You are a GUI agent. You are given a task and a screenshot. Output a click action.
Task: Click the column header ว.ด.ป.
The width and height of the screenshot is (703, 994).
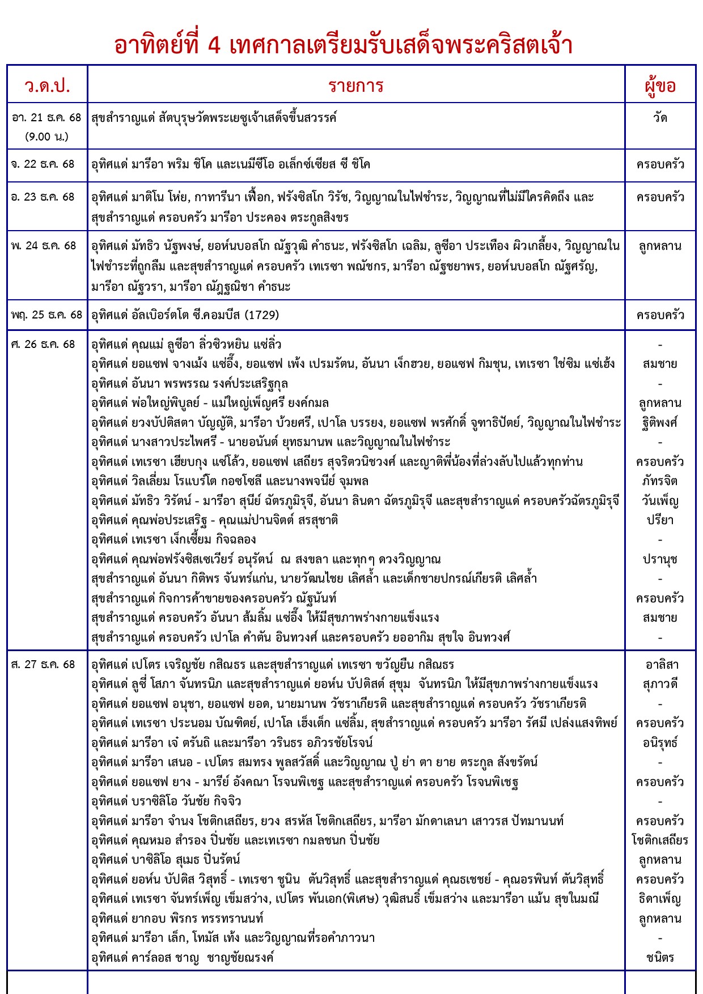point(48,86)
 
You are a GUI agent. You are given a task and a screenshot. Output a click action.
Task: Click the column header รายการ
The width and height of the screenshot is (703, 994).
point(356,86)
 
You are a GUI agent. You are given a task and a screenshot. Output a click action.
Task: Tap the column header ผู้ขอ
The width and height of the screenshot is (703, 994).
point(660,86)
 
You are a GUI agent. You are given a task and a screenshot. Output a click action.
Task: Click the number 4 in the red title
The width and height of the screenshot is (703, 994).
point(214,45)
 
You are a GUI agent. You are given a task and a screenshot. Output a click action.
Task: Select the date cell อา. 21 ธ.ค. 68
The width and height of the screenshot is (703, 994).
point(46,118)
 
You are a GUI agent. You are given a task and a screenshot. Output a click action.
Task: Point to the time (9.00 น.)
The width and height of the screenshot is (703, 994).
point(46,137)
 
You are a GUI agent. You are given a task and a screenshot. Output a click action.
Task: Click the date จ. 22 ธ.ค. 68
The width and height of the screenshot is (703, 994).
point(43,164)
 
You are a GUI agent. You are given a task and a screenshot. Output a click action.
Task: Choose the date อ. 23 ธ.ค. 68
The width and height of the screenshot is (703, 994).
point(43,197)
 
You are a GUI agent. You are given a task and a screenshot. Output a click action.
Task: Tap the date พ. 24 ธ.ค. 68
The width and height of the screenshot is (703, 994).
point(43,246)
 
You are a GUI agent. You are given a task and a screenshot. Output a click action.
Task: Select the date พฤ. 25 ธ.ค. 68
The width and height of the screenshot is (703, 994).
point(46,315)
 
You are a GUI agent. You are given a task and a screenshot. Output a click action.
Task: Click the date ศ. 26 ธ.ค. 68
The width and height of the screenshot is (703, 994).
point(43,345)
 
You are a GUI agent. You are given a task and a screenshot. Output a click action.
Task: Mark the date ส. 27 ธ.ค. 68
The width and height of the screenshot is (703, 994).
point(43,664)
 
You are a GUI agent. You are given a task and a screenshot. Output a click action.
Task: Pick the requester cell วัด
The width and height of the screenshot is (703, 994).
point(660,118)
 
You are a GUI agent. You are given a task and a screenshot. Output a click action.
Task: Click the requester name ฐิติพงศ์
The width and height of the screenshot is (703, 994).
point(660,423)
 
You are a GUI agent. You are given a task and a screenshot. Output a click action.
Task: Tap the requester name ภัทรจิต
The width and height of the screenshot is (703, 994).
point(660,481)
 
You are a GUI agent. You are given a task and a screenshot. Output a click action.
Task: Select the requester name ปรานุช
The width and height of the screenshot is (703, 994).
point(660,559)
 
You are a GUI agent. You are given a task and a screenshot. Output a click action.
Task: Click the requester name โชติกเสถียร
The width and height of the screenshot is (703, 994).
point(660,840)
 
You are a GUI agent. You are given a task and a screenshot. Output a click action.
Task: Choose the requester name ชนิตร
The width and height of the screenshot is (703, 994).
point(660,958)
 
